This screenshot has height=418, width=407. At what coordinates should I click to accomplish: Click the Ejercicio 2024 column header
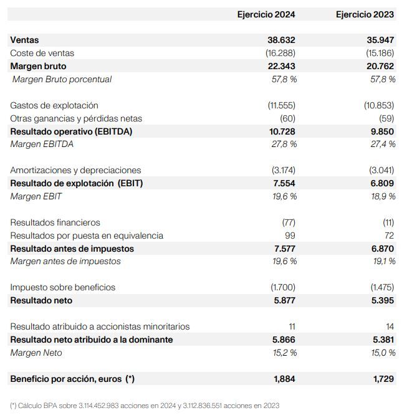[x=266, y=14]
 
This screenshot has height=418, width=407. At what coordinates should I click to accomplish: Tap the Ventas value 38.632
[x=281, y=40]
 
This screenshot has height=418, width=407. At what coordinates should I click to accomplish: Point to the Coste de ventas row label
[x=42, y=53]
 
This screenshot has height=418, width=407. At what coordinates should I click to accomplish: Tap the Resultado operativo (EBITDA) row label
[x=71, y=131]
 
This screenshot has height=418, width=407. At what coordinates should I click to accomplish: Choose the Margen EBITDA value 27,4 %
[x=383, y=145]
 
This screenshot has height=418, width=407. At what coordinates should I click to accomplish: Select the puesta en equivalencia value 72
[x=390, y=235]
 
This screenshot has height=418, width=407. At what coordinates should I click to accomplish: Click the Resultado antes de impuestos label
[x=72, y=249]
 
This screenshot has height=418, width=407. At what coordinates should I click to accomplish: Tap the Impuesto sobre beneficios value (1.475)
[x=380, y=287]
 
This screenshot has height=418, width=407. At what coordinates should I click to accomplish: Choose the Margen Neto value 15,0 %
[x=383, y=353]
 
